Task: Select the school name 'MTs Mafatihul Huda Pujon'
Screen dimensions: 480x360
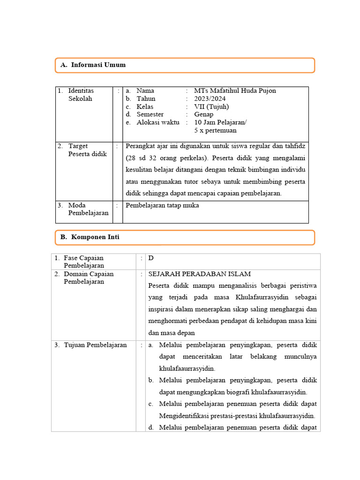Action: coord(235,90)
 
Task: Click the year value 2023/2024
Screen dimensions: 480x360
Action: coord(210,98)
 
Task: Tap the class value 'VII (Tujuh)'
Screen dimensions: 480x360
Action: coord(211,106)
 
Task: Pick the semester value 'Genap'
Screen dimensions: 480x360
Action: coord(203,114)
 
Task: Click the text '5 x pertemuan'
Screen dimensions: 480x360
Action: coord(215,130)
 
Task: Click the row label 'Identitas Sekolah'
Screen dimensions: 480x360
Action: coord(80,95)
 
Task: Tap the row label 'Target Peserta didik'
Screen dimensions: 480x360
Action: coord(87,150)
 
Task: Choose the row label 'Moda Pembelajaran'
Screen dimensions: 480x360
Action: coord(88,209)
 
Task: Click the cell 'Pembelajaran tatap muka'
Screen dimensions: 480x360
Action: coord(162,205)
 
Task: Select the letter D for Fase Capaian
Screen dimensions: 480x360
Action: coord(151,258)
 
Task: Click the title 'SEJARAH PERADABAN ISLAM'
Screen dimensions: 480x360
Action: coord(199,274)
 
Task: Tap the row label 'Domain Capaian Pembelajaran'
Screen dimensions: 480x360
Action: coord(89,278)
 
